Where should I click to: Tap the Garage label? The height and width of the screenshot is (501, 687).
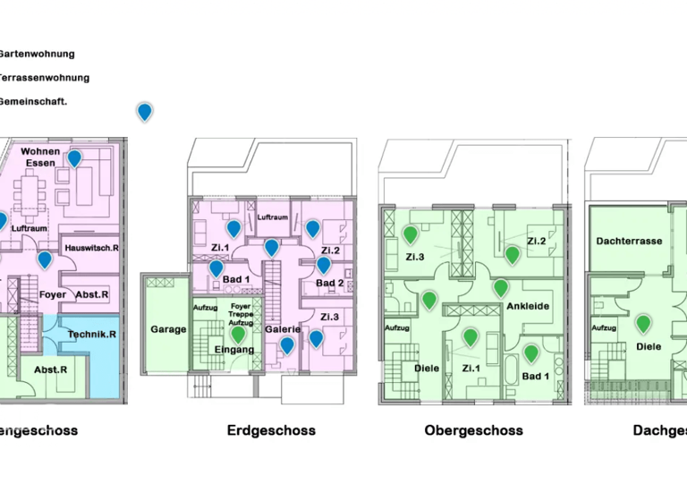pos(168,329)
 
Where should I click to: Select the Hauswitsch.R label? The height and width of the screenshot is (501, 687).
pos(92,247)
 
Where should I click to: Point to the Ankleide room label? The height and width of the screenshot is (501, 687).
pos(527,306)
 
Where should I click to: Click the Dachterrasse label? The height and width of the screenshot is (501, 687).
pos(628,242)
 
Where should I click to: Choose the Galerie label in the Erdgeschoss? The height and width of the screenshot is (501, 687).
pos(283,328)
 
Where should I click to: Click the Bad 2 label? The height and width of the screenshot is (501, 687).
pos(329,284)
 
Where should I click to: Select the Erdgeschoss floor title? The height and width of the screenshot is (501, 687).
pos(271,430)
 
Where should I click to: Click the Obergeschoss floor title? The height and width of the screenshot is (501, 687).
pos(473,430)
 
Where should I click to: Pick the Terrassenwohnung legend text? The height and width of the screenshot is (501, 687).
pos(36,78)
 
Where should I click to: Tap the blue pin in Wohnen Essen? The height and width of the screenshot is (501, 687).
pos(74,158)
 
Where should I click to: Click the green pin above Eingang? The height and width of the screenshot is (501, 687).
pos(237,335)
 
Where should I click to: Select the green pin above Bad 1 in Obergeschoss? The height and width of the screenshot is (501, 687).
pos(530,352)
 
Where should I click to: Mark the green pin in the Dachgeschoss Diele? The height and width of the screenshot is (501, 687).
pos(642,324)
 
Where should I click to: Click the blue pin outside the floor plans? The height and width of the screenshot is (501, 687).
pos(144,111)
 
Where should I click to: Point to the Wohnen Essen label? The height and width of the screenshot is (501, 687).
pos(40,157)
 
